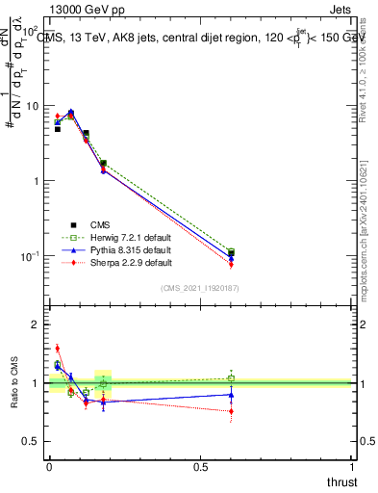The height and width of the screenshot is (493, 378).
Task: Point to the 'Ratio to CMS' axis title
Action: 13,383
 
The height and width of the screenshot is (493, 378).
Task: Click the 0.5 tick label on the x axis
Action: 200,467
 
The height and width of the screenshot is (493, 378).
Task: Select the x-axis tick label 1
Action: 352,467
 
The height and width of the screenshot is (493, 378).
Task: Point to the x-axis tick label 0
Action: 49,467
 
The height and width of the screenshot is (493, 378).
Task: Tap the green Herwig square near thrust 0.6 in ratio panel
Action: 231,377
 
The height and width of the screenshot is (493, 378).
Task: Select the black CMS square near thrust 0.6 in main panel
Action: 231,253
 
